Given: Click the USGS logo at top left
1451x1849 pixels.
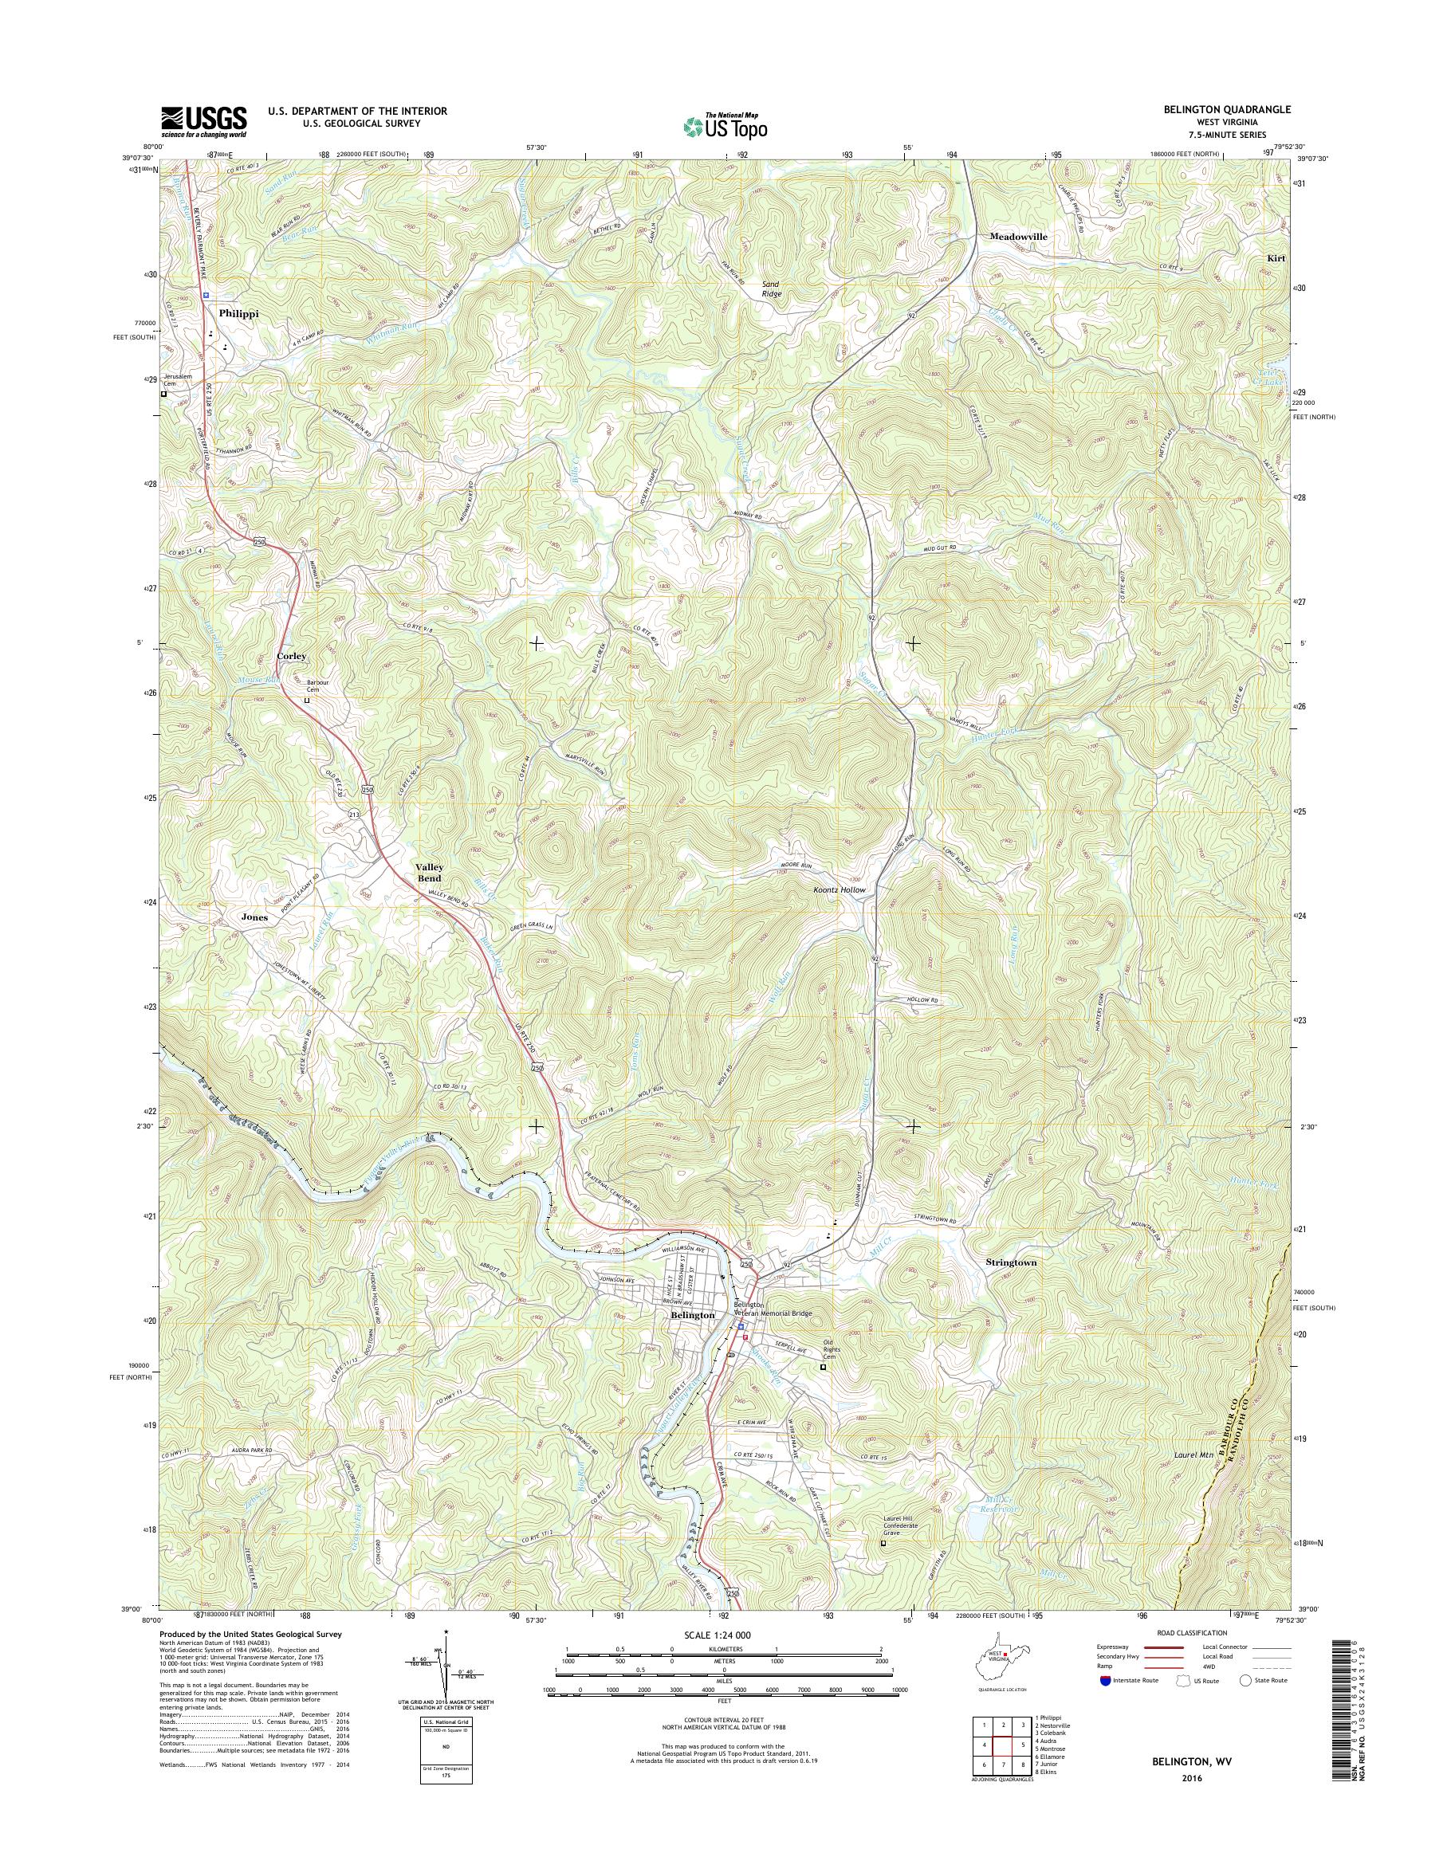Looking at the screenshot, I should pos(204,121).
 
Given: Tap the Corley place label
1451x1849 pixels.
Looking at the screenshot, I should pos(290,657).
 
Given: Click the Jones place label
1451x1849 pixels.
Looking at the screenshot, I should pos(254,917).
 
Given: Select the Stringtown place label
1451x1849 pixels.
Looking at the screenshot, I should pos(1011,1263).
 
